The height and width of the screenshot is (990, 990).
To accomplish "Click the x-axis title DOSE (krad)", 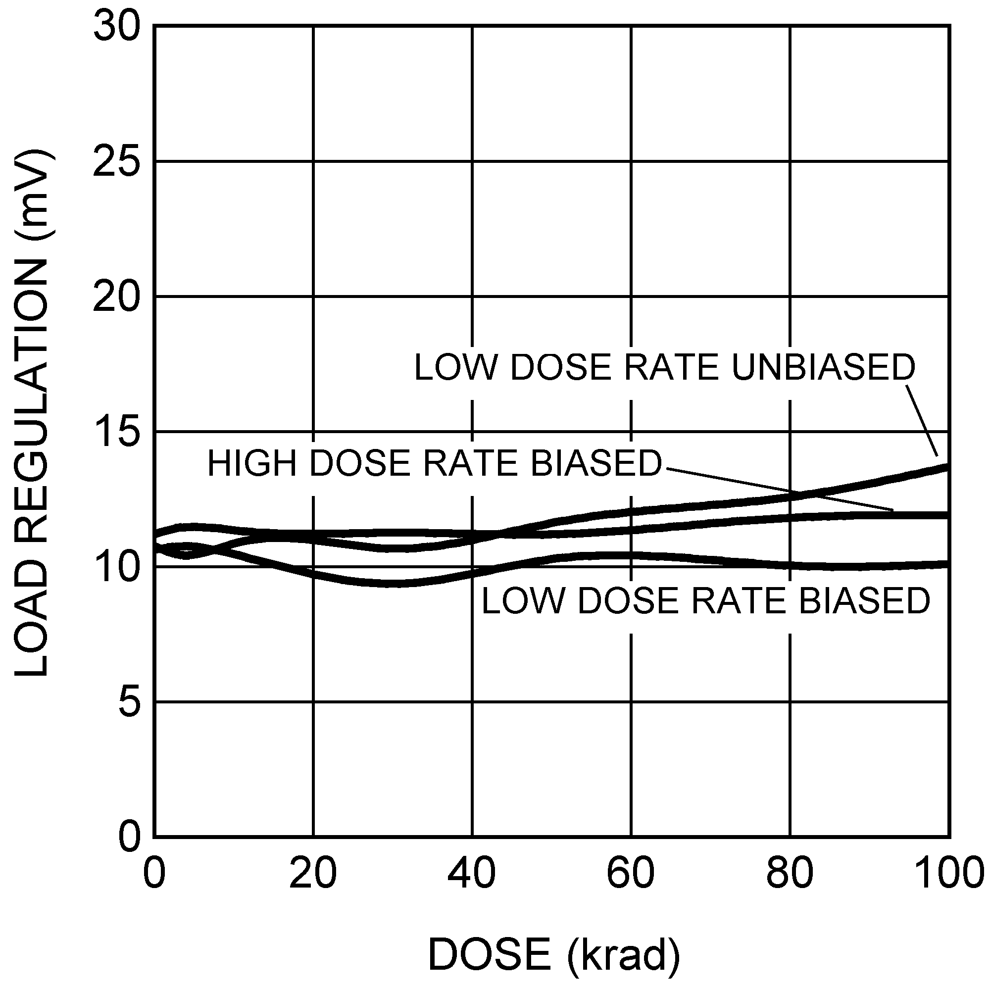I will pyautogui.click(x=554, y=954).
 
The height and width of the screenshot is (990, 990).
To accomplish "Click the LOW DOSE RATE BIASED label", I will pyautogui.click(x=705, y=600).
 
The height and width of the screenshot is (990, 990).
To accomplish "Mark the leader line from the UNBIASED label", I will pyautogui.click(x=922, y=421).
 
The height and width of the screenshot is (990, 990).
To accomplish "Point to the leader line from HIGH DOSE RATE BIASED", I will pyautogui.click(x=779, y=489).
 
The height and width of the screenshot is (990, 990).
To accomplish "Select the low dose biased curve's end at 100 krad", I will pyautogui.click(x=947, y=564).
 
